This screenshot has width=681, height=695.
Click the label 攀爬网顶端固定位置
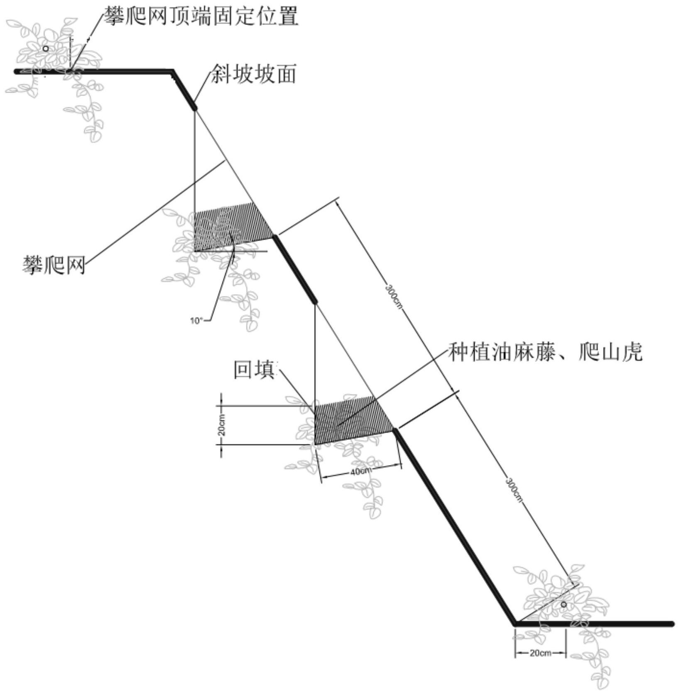[x=201, y=17]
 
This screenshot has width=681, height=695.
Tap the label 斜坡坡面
[x=254, y=74]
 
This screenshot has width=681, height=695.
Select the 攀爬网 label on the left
[x=54, y=264]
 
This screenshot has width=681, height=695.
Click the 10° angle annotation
[x=197, y=320]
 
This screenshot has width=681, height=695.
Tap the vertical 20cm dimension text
[x=222, y=424]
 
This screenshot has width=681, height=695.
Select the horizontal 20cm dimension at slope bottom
[x=540, y=653]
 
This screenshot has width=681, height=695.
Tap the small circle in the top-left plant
[x=46, y=49]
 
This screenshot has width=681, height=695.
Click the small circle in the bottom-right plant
[x=563, y=605]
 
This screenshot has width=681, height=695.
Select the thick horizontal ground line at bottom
[x=594, y=624]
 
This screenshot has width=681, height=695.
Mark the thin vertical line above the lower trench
[x=315, y=353]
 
